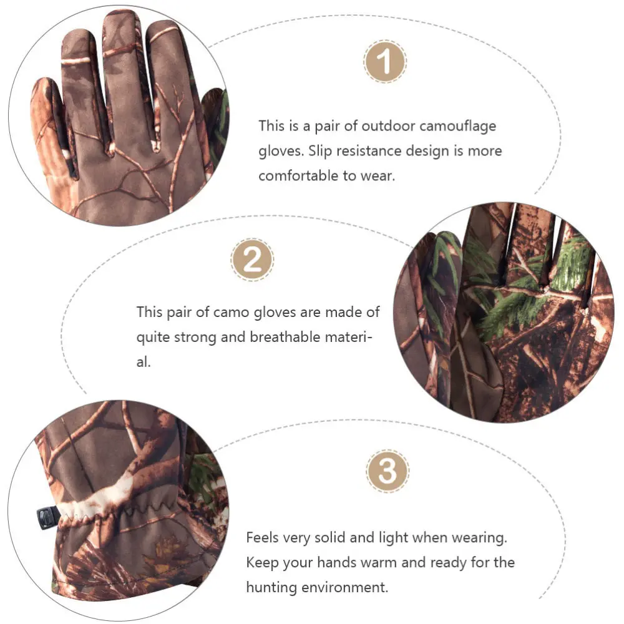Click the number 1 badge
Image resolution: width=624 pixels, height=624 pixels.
385,61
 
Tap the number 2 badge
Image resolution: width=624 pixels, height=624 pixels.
252,260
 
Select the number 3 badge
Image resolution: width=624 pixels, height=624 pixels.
388,471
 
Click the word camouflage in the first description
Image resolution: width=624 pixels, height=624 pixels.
458,125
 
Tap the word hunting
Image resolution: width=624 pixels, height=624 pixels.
273,587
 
